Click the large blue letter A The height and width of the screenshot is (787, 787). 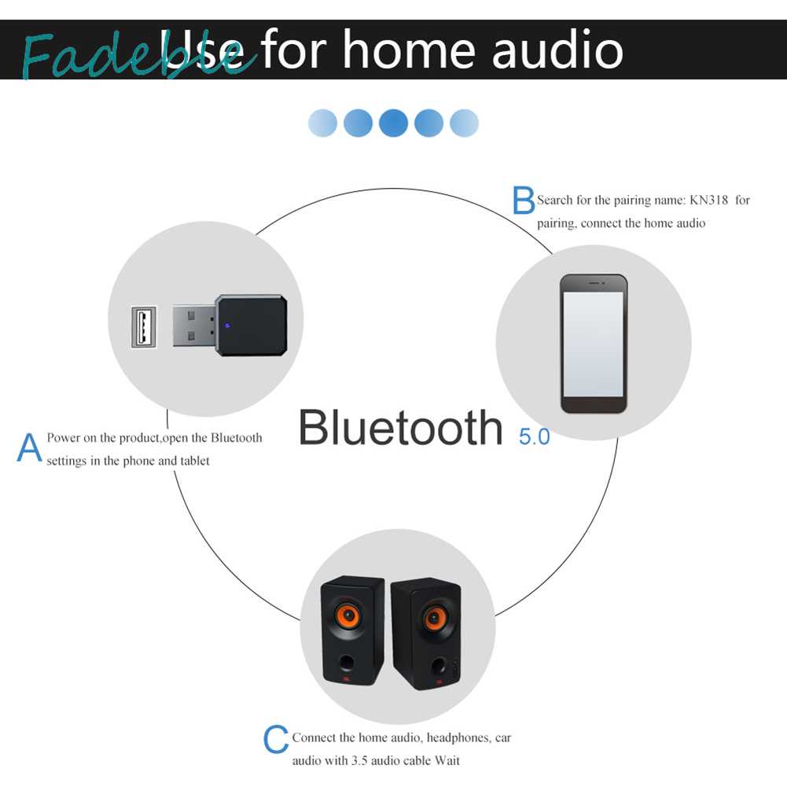click(x=29, y=448)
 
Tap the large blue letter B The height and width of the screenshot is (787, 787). click(x=524, y=200)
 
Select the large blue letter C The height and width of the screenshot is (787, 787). click(x=276, y=741)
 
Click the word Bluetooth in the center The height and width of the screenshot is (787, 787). click(x=400, y=428)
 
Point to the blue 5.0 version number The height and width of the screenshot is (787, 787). click(x=534, y=436)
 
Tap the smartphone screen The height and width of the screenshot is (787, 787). click(x=594, y=343)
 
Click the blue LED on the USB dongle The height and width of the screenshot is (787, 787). click(x=227, y=325)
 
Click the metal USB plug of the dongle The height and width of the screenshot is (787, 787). click(x=193, y=325)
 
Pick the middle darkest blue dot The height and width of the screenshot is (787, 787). click(x=393, y=123)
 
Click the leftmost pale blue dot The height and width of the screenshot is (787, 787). click(x=322, y=123)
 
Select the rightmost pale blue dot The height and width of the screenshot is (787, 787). click(x=464, y=123)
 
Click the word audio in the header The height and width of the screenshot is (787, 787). click(x=557, y=50)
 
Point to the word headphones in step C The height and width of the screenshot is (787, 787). click(x=459, y=738)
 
